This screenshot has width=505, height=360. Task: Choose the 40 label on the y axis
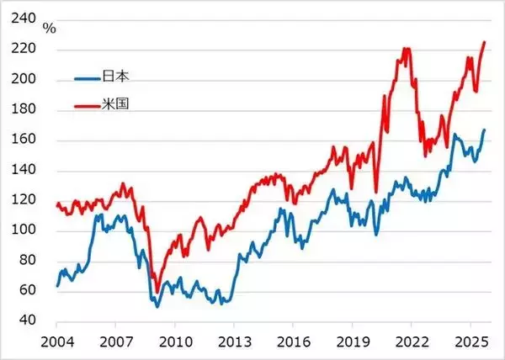tap(29, 320)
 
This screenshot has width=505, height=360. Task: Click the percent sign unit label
tap(50, 29)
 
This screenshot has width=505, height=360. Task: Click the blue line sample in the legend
tap(87, 78)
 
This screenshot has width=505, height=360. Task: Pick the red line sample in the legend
tap(87, 107)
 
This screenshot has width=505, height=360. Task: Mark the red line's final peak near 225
tap(484, 42)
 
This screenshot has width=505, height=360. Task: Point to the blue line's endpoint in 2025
tap(484, 130)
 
